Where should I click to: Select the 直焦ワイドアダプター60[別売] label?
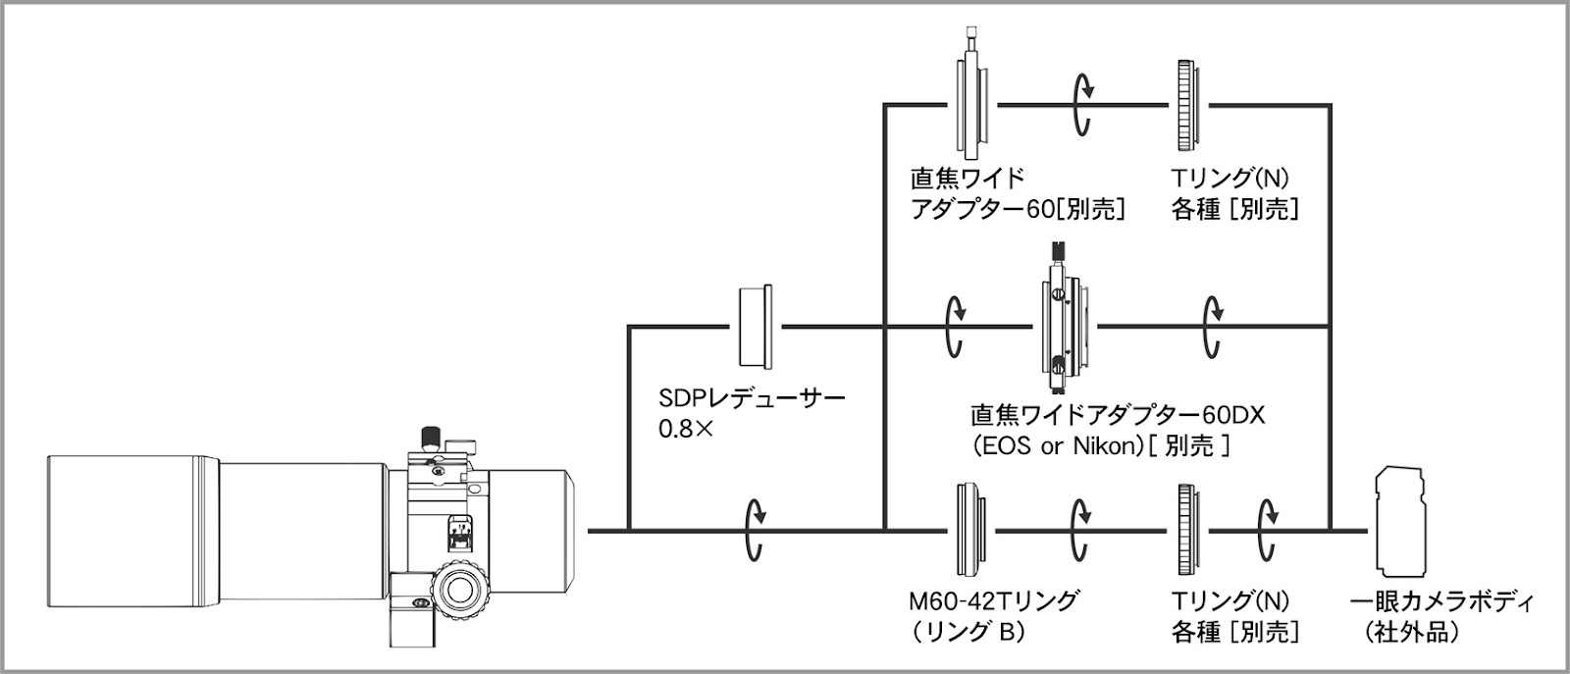coord(1017,193)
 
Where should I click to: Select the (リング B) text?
coord(965,632)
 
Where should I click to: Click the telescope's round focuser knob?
coord(460,590)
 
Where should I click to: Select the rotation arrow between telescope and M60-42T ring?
coord(756,530)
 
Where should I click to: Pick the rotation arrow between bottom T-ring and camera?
coord(1268,530)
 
